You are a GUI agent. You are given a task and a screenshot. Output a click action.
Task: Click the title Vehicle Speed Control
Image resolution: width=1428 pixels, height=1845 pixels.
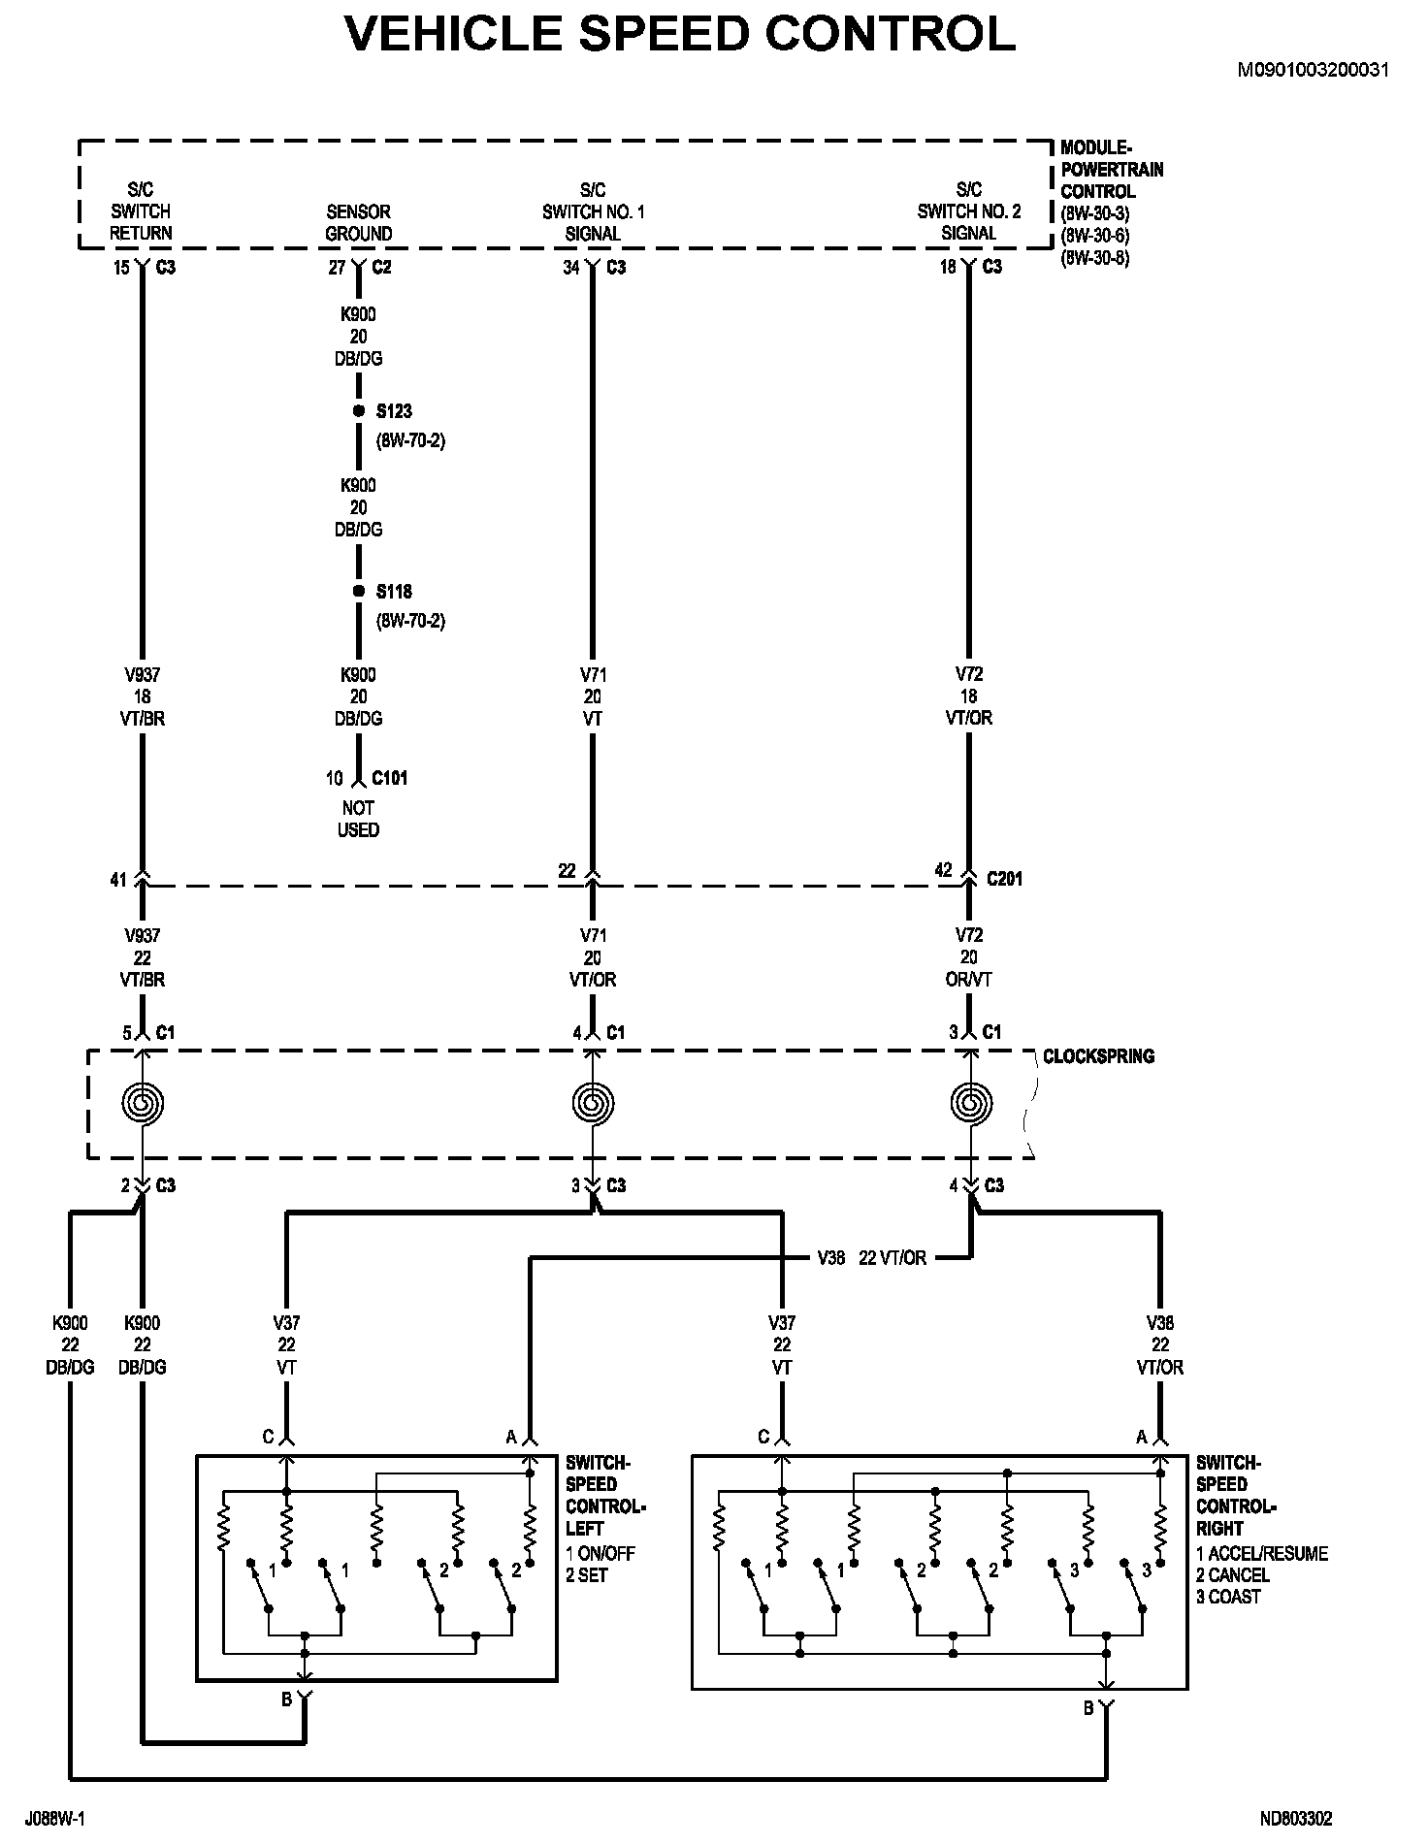(x=681, y=33)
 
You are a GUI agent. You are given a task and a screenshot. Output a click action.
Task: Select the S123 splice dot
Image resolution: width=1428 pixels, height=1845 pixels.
(x=358, y=411)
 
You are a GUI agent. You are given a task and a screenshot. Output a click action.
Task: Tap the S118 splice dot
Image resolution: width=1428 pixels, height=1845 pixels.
(x=358, y=591)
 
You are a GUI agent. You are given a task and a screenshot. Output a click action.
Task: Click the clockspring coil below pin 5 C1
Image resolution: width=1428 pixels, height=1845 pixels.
(x=143, y=1103)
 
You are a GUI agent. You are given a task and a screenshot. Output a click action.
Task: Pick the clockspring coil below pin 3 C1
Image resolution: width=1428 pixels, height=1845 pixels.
(x=969, y=1103)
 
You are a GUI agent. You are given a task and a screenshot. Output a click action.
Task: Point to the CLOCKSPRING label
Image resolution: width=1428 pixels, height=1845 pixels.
(x=1098, y=1056)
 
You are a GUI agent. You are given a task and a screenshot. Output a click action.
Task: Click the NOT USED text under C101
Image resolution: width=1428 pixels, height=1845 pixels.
(x=358, y=819)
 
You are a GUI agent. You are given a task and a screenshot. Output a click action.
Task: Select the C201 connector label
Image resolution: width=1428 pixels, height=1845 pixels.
(x=1005, y=879)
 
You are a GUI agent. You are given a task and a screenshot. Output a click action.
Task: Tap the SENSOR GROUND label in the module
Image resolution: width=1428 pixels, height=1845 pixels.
(x=359, y=222)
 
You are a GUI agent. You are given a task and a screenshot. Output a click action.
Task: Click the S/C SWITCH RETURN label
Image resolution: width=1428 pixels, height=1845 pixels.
(x=141, y=211)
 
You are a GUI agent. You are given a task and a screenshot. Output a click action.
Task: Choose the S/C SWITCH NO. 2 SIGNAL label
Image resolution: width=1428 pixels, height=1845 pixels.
(x=969, y=211)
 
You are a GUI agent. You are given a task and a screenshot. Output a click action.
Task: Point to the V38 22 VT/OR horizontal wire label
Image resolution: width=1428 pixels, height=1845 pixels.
(x=871, y=1258)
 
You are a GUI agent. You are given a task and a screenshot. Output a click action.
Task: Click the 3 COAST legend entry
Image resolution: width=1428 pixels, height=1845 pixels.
(x=1228, y=1597)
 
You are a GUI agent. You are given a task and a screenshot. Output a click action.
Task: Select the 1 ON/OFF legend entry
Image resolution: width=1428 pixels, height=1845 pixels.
(x=600, y=1553)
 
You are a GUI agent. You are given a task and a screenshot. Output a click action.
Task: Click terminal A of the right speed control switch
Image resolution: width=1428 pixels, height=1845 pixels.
(x=1159, y=1438)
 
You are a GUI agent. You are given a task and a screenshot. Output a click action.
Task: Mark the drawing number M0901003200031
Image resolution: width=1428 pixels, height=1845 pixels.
(x=1314, y=70)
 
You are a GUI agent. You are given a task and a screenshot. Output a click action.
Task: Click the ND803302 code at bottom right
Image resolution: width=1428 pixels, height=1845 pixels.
(x=1296, y=1819)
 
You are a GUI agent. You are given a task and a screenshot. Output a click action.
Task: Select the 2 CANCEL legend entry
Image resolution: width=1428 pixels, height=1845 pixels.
(x=1233, y=1575)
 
